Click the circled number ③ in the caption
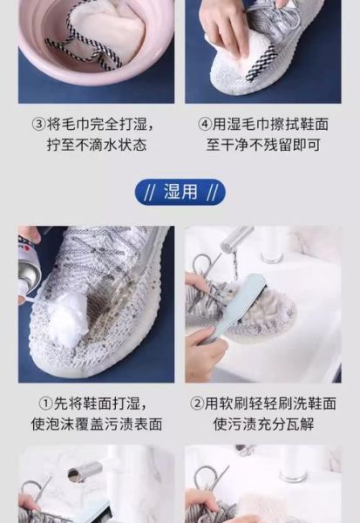pos(39,124)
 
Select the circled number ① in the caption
pos(44,404)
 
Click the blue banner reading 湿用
pos(180,192)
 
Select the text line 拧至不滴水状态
pos(97,145)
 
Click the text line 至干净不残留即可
pos(262,145)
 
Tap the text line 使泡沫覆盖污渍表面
pos(97,425)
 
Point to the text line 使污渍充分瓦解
pos(262,425)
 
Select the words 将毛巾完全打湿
pos(105,124)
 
